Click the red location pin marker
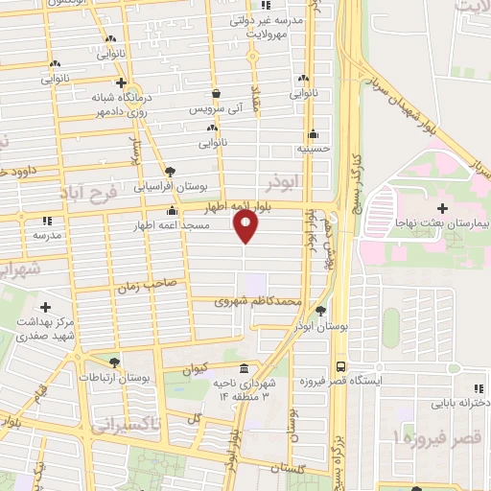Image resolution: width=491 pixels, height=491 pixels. [245, 226]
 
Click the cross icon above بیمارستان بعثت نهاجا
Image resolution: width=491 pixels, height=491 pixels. [442, 207]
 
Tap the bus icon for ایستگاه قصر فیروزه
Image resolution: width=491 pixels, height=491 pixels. [340, 367]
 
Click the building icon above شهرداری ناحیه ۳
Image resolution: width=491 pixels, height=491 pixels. [243, 369]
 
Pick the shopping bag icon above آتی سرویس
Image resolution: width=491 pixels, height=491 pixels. [219, 93]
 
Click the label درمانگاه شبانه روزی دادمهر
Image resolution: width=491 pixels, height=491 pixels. [94, 105]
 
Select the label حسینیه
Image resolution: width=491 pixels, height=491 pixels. [313, 150]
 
